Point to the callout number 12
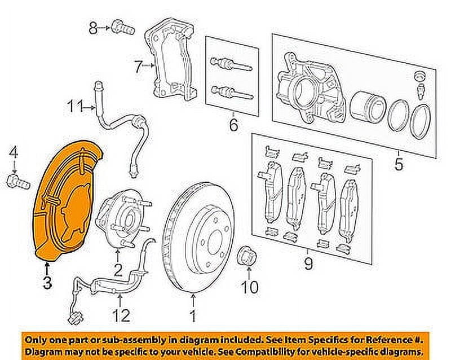[122, 314]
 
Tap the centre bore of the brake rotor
[212, 238]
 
